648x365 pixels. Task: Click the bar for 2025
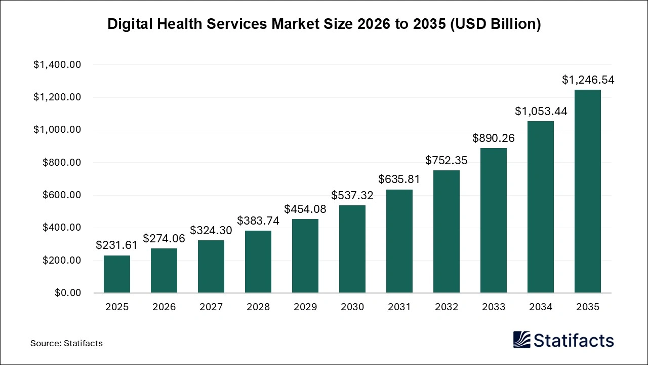coord(117,274)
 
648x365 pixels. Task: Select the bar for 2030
coord(352,249)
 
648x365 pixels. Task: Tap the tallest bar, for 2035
coord(588,192)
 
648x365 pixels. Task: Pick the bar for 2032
coord(447,232)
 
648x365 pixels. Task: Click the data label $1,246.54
coord(588,80)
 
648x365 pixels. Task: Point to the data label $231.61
coord(117,245)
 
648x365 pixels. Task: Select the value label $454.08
coord(305,209)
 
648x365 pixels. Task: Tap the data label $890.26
coord(494,138)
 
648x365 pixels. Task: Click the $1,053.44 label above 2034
coord(541,112)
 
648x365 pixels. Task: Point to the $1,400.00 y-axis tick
coord(57,65)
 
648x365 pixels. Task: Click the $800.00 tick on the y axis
coord(61,163)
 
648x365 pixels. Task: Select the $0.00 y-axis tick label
coord(67,293)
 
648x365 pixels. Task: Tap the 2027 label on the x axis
coord(211,307)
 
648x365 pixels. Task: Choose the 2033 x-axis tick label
coord(494,307)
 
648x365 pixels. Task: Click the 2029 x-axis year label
coord(305,307)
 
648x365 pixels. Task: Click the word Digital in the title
coord(129,25)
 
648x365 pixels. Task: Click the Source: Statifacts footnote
coord(66,343)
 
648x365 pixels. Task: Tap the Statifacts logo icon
coord(522,340)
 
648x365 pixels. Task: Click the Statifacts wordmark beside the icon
coord(574,340)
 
